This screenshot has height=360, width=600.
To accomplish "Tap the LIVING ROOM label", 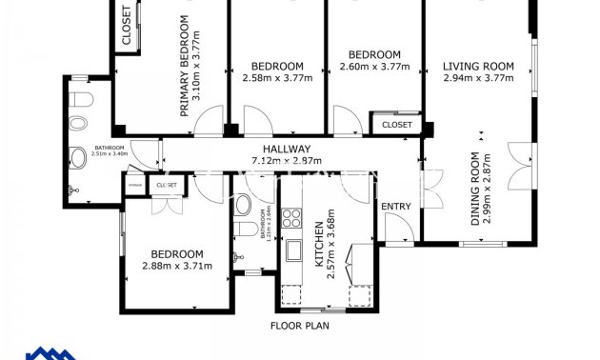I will pos(478,67).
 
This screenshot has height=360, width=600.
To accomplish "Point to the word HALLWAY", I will pos(287,149).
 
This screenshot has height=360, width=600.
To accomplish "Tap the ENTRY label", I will pos(396,207).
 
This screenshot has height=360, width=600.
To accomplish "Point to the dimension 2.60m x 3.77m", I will pos(374,66).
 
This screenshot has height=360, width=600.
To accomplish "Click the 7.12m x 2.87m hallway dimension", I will pos(287,160).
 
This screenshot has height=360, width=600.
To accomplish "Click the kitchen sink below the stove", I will pos(294,253).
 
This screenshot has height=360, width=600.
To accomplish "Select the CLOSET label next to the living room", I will pos(396,125).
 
